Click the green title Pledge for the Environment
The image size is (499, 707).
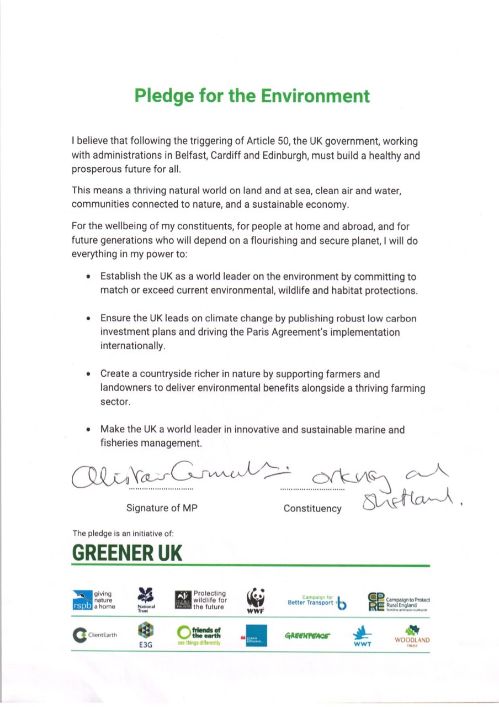point(252,95)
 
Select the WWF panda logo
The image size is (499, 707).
point(256,600)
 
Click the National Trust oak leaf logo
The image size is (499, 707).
point(146,600)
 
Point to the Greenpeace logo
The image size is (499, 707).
point(307,636)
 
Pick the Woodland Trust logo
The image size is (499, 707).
point(412,636)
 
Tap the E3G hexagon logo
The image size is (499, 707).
point(146,635)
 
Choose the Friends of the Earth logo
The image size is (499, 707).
point(199,635)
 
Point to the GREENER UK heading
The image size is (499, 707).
point(127,552)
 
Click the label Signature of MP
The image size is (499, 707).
point(162,508)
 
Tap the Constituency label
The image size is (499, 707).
point(312,508)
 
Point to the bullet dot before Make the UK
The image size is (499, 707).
point(88,430)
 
